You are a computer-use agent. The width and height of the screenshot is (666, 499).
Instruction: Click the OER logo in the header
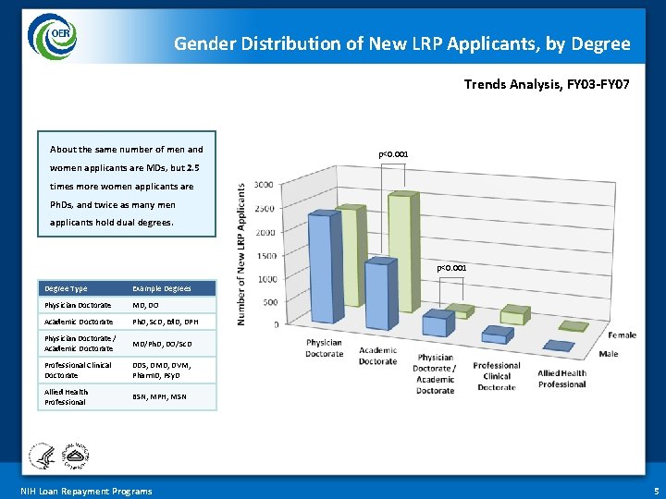[x=53, y=36]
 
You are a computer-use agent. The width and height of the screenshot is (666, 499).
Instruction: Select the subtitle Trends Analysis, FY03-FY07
[x=547, y=84]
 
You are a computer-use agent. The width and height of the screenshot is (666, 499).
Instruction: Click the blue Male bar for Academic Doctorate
[x=377, y=295]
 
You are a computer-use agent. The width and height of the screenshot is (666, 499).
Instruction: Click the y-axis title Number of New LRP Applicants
[x=242, y=253]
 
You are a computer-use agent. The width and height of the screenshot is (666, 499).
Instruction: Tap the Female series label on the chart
[x=621, y=335]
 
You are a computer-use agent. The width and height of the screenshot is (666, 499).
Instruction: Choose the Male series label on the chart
[x=608, y=354]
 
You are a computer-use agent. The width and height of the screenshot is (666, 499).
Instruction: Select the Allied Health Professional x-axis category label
[x=561, y=379]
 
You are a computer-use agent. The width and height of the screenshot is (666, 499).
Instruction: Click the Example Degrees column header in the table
[x=162, y=288]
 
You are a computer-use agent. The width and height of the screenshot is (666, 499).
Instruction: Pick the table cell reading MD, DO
[x=146, y=305]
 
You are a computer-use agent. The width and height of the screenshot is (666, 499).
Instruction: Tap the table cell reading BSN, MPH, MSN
[x=159, y=396]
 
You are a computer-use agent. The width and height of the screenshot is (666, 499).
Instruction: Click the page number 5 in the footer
[x=656, y=491]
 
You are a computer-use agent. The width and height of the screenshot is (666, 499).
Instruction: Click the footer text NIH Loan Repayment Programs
[x=86, y=491]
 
